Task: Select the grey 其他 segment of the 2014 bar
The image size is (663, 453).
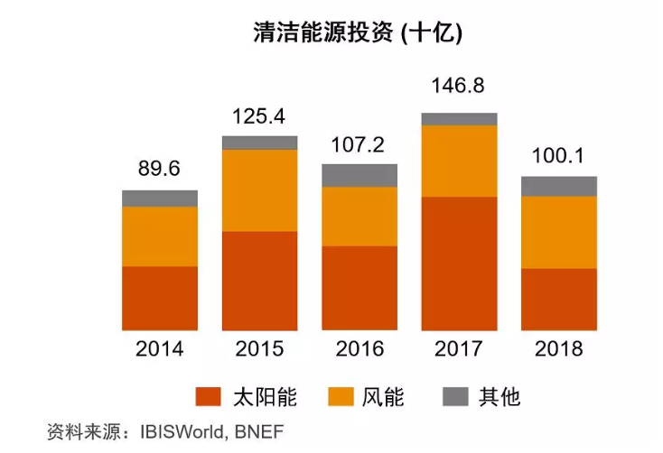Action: [160, 199]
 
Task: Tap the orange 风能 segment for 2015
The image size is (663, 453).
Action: [260, 190]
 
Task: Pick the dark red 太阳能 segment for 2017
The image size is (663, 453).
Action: [460, 263]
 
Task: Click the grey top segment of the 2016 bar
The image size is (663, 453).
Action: [360, 175]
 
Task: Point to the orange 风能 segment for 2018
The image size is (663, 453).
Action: [559, 232]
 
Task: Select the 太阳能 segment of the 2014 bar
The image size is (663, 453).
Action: [160, 298]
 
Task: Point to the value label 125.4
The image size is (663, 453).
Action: [260, 116]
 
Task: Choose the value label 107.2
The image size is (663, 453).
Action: [360, 144]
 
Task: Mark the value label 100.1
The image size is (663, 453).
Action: [559, 157]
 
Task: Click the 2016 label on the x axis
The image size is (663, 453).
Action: [360, 348]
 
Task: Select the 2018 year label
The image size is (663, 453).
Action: [559, 348]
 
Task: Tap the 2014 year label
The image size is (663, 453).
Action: [160, 348]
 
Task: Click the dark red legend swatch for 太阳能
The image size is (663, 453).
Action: [210, 397]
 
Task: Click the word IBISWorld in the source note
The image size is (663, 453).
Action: [184, 430]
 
